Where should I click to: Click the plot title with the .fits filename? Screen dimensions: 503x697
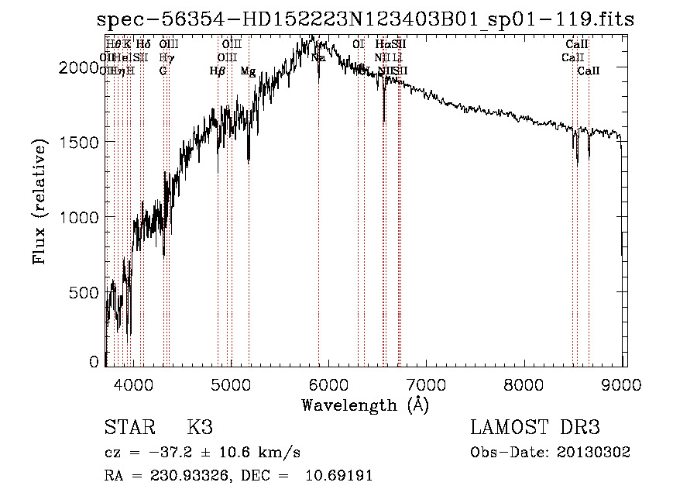pyautogui.click(x=366, y=19)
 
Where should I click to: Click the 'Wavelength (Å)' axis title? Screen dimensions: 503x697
pyautogui.click(x=365, y=404)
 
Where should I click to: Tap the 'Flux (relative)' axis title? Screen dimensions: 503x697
pyautogui.click(x=39, y=202)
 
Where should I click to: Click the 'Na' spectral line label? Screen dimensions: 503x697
pyautogui.click(x=318, y=57)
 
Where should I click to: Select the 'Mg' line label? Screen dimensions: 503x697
pyautogui.click(x=248, y=71)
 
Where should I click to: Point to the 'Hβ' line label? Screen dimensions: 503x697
pyautogui.click(x=218, y=71)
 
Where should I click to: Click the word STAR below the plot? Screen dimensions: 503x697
pyautogui.click(x=129, y=428)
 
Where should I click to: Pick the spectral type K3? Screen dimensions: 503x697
pyautogui.click(x=200, y=428)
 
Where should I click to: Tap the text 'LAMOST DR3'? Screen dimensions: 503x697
pyautogui.click(x=535, y=428)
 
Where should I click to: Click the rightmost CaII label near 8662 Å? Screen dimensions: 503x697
pyautogui.click(x=589, y=71)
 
